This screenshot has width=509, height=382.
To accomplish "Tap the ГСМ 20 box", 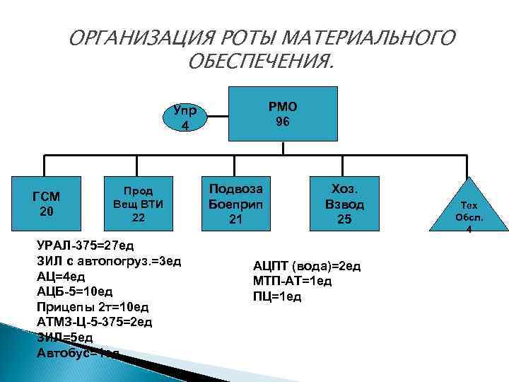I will (47, 204).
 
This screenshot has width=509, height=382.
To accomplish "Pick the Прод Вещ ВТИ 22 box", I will (139, 203).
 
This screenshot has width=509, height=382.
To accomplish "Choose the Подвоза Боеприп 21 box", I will (235, 204).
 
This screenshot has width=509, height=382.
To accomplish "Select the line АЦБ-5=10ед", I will (74, 291).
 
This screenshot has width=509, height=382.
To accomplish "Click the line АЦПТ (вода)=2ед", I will (307, 267).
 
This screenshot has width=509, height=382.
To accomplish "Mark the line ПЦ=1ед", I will (276, 296).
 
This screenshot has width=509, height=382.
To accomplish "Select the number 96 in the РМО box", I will (283, 121).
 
